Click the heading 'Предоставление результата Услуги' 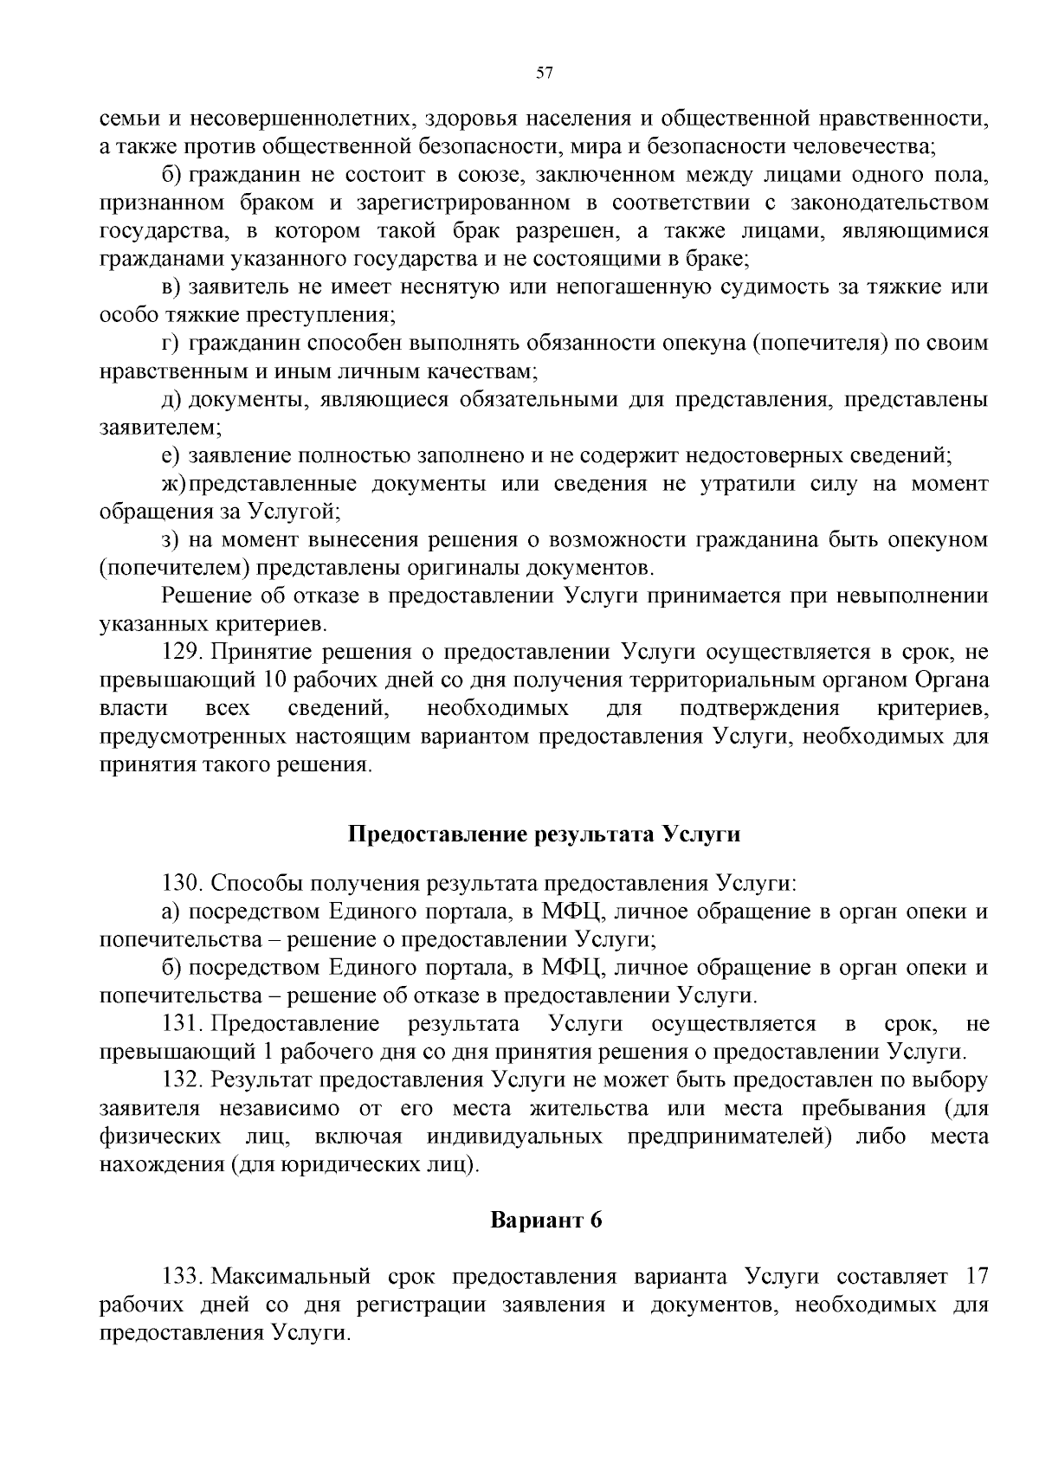click(545, 834)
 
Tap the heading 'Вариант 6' click(545, 1221)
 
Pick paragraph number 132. click(183, 1080)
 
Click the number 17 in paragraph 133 click(975, 1277)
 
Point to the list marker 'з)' click(171, 540)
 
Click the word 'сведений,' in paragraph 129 click(338, 709)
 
